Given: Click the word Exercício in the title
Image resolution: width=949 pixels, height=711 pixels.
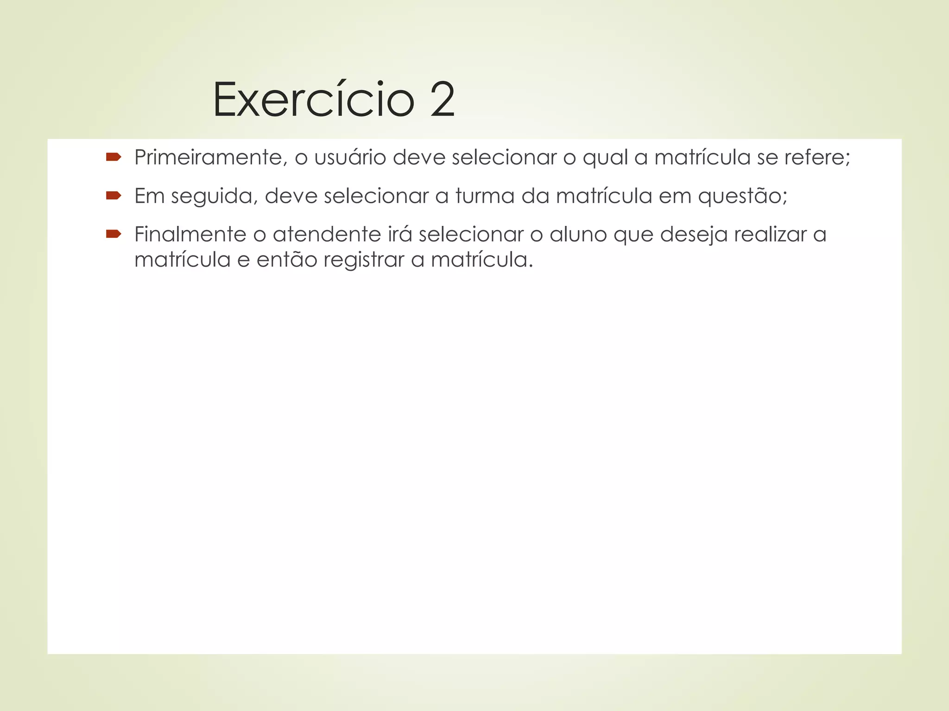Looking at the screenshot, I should pos(313,100).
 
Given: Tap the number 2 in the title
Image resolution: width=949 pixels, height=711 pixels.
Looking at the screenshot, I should pos(442,100).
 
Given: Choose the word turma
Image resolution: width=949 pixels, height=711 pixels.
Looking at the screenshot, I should pos(485,196).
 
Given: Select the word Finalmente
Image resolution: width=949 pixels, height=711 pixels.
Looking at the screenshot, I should pos(190,234).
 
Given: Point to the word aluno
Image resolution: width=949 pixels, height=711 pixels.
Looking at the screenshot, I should pos(578,234).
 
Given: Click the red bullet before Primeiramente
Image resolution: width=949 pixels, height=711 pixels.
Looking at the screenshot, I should pos(113,157).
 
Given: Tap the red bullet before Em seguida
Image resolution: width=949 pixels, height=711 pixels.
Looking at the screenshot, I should pos(113,196).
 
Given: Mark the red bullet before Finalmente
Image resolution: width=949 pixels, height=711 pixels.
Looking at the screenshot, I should pos(113,234).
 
